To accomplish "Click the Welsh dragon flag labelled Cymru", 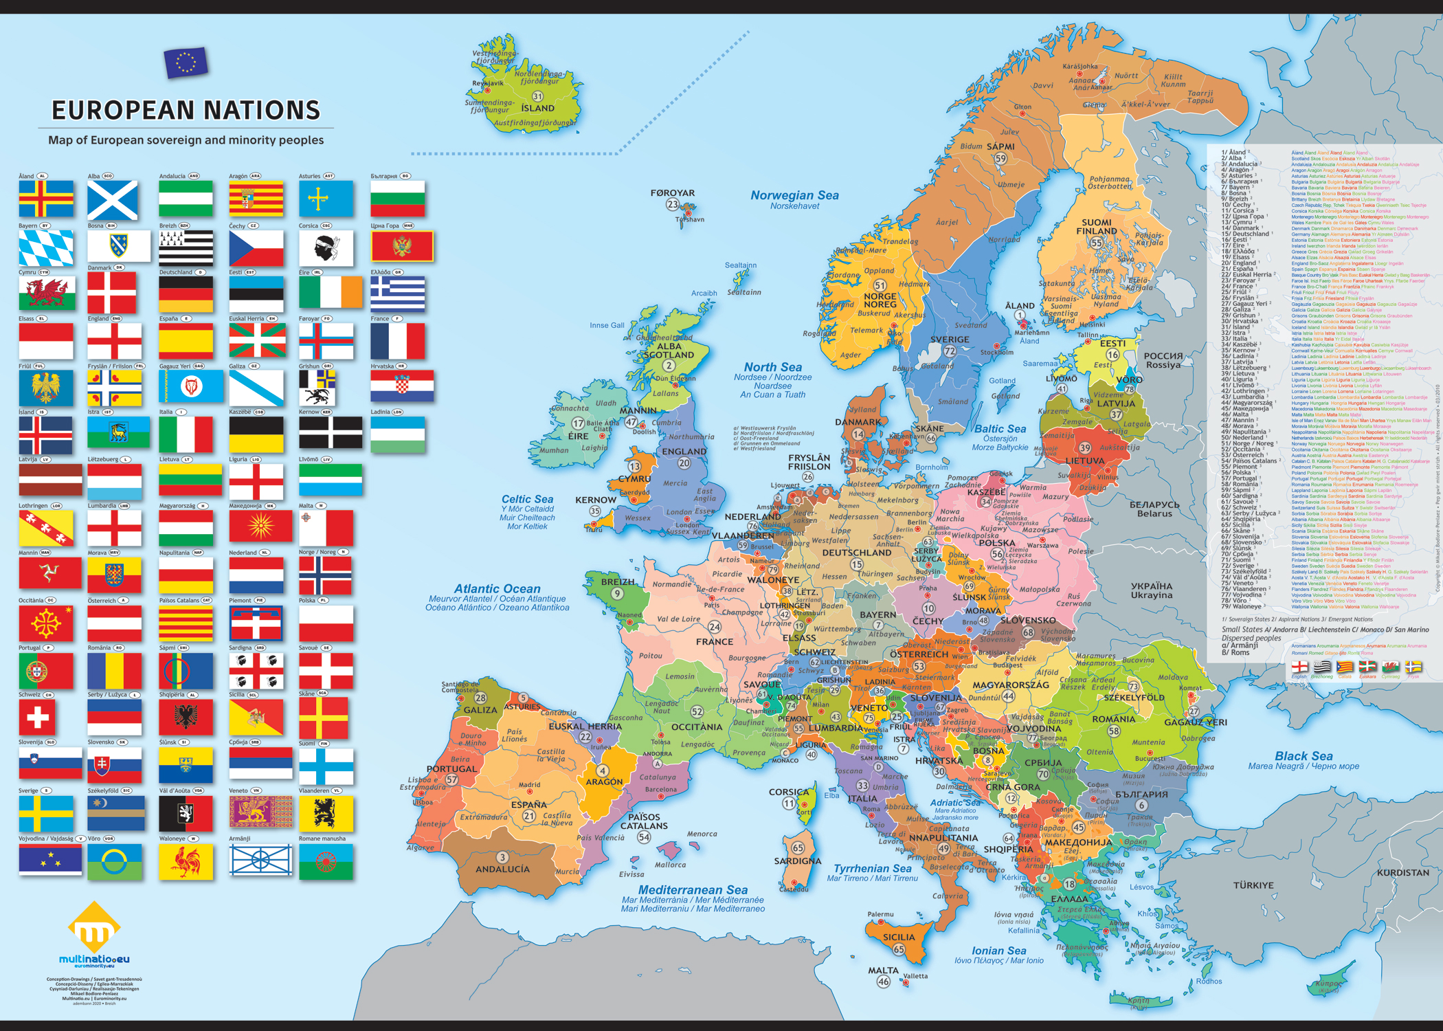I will pos(46,293).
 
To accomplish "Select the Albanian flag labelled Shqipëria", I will pos(186,718).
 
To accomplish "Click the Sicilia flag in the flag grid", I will pos(256,718).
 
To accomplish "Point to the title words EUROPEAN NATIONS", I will pos(186,110).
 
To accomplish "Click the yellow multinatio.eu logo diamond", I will pos(94,929).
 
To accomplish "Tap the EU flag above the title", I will pos(186,63).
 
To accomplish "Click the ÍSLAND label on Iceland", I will pos(537,108).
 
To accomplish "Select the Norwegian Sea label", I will pos(794,195).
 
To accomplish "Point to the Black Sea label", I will pos(1304,756).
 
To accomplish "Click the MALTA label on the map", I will pos(883,971).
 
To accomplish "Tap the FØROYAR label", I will pos(673,193).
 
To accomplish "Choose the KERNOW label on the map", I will pos(596,500).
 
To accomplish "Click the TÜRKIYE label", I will pos(1253,885).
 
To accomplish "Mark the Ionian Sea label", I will pos(998,951).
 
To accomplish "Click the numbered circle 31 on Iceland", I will pos(537,96).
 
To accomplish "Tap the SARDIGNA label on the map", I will pos(797,861).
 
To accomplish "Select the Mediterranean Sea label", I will pos(693,890).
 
